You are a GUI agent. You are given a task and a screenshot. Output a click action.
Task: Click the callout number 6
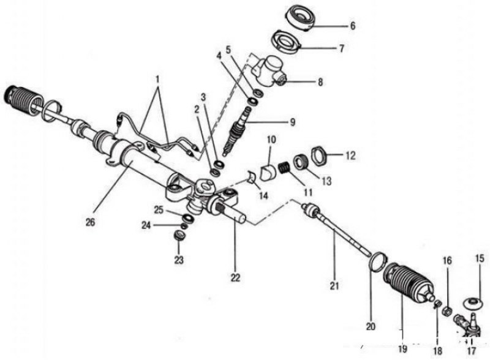pos(352,26)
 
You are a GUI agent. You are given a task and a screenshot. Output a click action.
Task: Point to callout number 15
pos(479,259)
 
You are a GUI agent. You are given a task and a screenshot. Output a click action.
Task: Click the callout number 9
pos(292,122)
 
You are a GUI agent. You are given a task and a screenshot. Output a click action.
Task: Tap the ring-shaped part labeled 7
pos(286,42)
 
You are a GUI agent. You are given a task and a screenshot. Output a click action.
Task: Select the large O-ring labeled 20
pos(377,263)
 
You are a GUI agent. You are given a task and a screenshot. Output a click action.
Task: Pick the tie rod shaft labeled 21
pos(337,232)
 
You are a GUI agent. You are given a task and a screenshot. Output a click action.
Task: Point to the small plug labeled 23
pos(181,236)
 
